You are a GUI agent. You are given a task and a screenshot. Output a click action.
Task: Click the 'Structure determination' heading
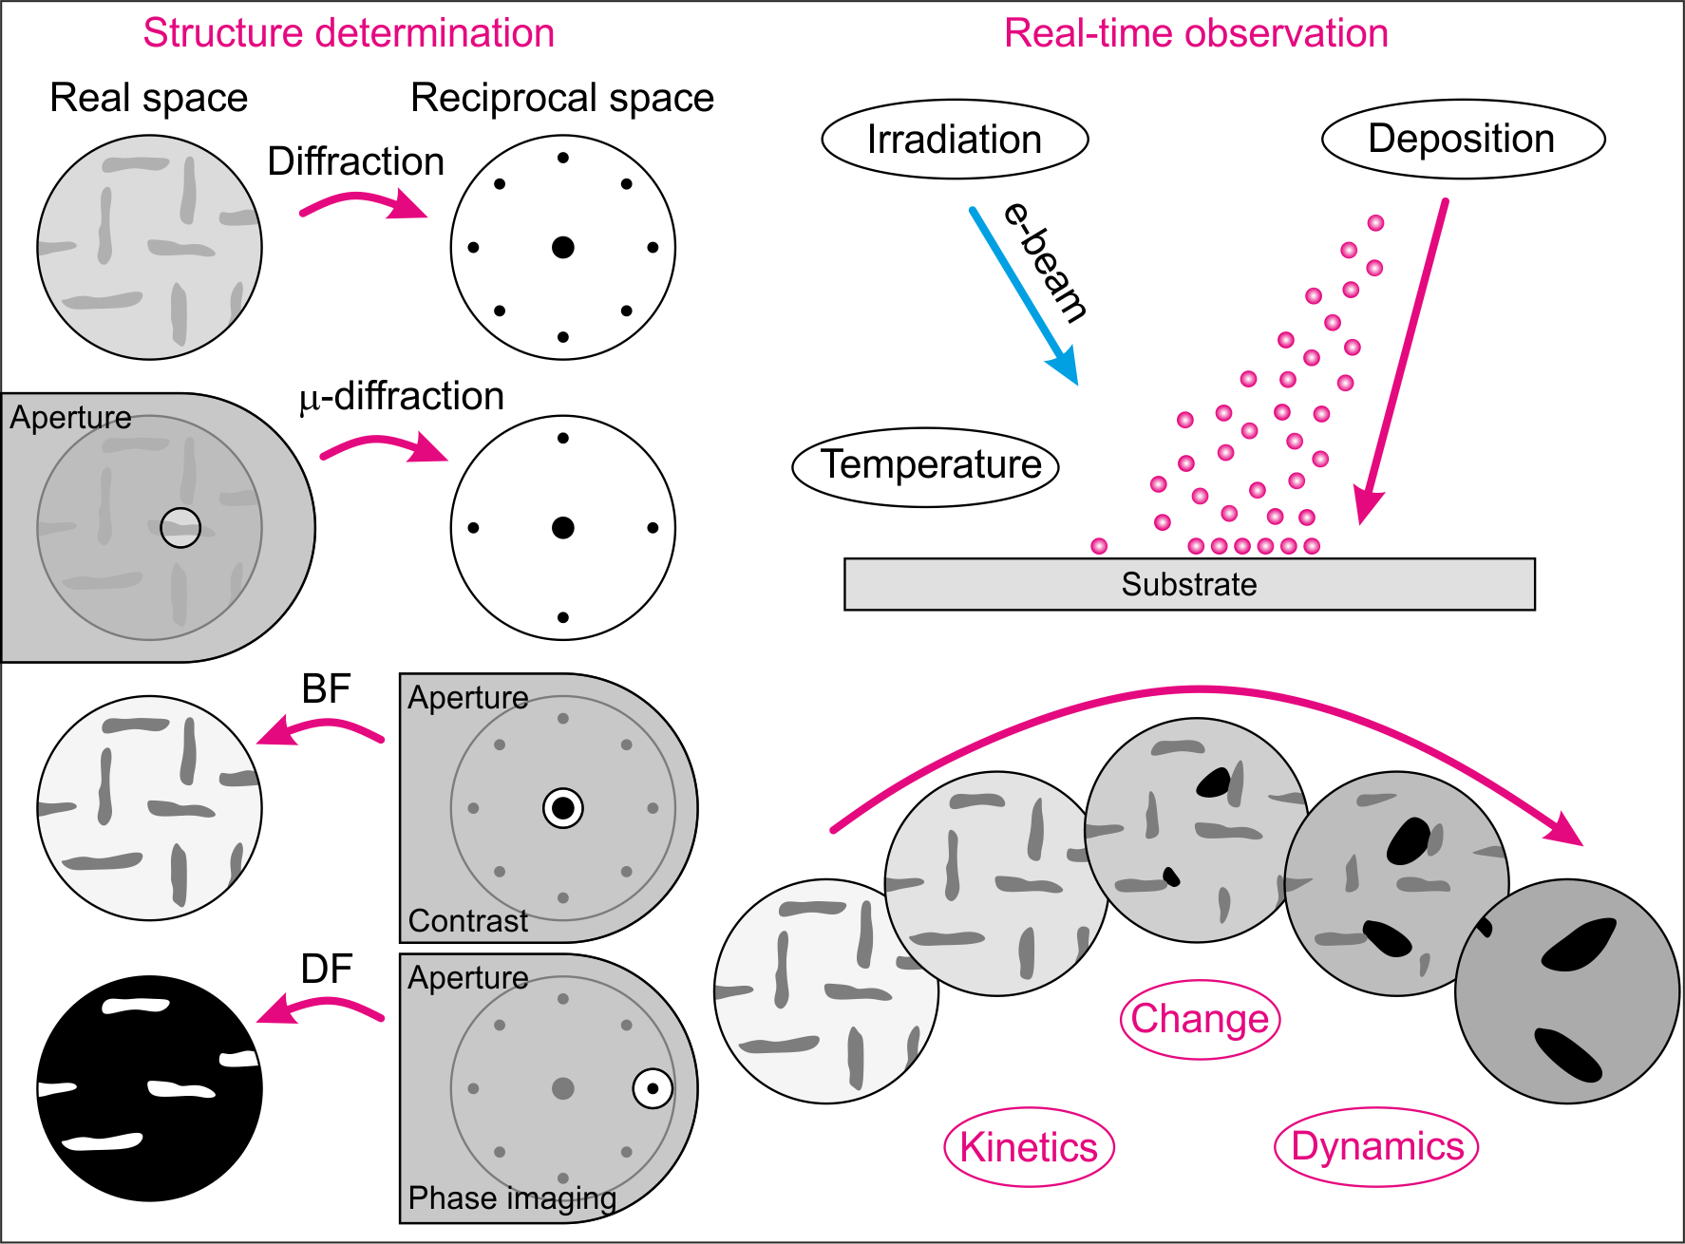[x=349, y=33]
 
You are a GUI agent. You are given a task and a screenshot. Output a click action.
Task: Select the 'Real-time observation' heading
[x=1196, y=33]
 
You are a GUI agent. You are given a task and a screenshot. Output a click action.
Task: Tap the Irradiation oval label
[x=955, y=140]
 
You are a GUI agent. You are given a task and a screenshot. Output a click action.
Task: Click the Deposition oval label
[x=1463, y=139]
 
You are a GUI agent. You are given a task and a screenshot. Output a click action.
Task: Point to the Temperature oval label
[x=926, y=466]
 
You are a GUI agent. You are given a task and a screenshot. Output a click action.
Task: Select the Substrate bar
[x=1189, y=584]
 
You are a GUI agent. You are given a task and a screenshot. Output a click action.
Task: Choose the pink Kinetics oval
[x=1029, y=1147]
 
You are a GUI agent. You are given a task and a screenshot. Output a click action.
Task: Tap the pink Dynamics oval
[x=1376, y=1146]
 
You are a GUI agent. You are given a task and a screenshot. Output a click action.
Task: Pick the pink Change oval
[x=1200, y=1019]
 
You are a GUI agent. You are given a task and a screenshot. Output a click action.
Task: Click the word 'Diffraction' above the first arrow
[x=356, y=161]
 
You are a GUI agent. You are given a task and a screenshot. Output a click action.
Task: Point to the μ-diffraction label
[x=402, y=396]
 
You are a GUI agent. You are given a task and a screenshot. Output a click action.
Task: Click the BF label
[x=326, y=689]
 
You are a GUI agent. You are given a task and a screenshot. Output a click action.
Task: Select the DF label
[x=326, y=970]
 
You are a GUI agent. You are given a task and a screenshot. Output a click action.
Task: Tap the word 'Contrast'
[x=467, y=921]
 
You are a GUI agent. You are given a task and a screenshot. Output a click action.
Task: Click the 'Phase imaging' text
[x=512, y=1198]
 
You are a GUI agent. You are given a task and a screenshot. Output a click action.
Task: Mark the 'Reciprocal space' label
[x=562, y=98]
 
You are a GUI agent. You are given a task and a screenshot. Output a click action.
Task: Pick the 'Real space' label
[x=149, y=98]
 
